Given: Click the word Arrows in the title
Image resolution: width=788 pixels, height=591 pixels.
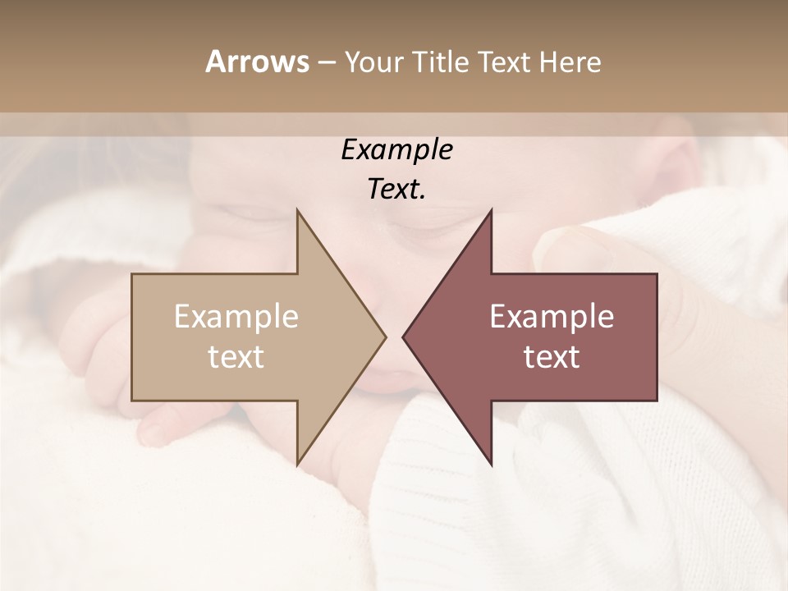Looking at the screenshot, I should tap(257, 62).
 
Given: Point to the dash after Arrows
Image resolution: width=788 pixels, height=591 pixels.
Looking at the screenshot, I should tap(326, 63).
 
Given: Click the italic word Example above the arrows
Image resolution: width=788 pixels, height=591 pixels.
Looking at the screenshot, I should tap(396, 150).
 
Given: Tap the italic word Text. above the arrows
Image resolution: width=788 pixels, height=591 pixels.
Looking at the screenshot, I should tap(396, 190).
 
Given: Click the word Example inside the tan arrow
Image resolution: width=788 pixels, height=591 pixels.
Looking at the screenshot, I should tap(236, 317).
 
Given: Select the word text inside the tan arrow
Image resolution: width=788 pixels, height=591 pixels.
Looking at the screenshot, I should tap(236, 356).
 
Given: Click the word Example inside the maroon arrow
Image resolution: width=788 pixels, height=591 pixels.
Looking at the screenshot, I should tap(552, 317).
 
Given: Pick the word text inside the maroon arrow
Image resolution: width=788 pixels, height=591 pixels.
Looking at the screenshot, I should tap(552, 356).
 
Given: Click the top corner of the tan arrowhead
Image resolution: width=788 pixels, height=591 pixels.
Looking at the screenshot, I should tap(297, 212).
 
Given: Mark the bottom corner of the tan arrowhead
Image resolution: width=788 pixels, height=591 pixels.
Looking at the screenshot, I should tap(297, 464).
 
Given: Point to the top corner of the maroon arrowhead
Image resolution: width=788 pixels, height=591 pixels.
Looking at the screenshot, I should tap(491, 212).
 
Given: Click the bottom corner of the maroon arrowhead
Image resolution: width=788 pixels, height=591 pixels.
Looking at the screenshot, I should tap(491, 464).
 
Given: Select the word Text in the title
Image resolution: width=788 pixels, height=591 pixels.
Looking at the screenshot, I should tap(506, 62).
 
